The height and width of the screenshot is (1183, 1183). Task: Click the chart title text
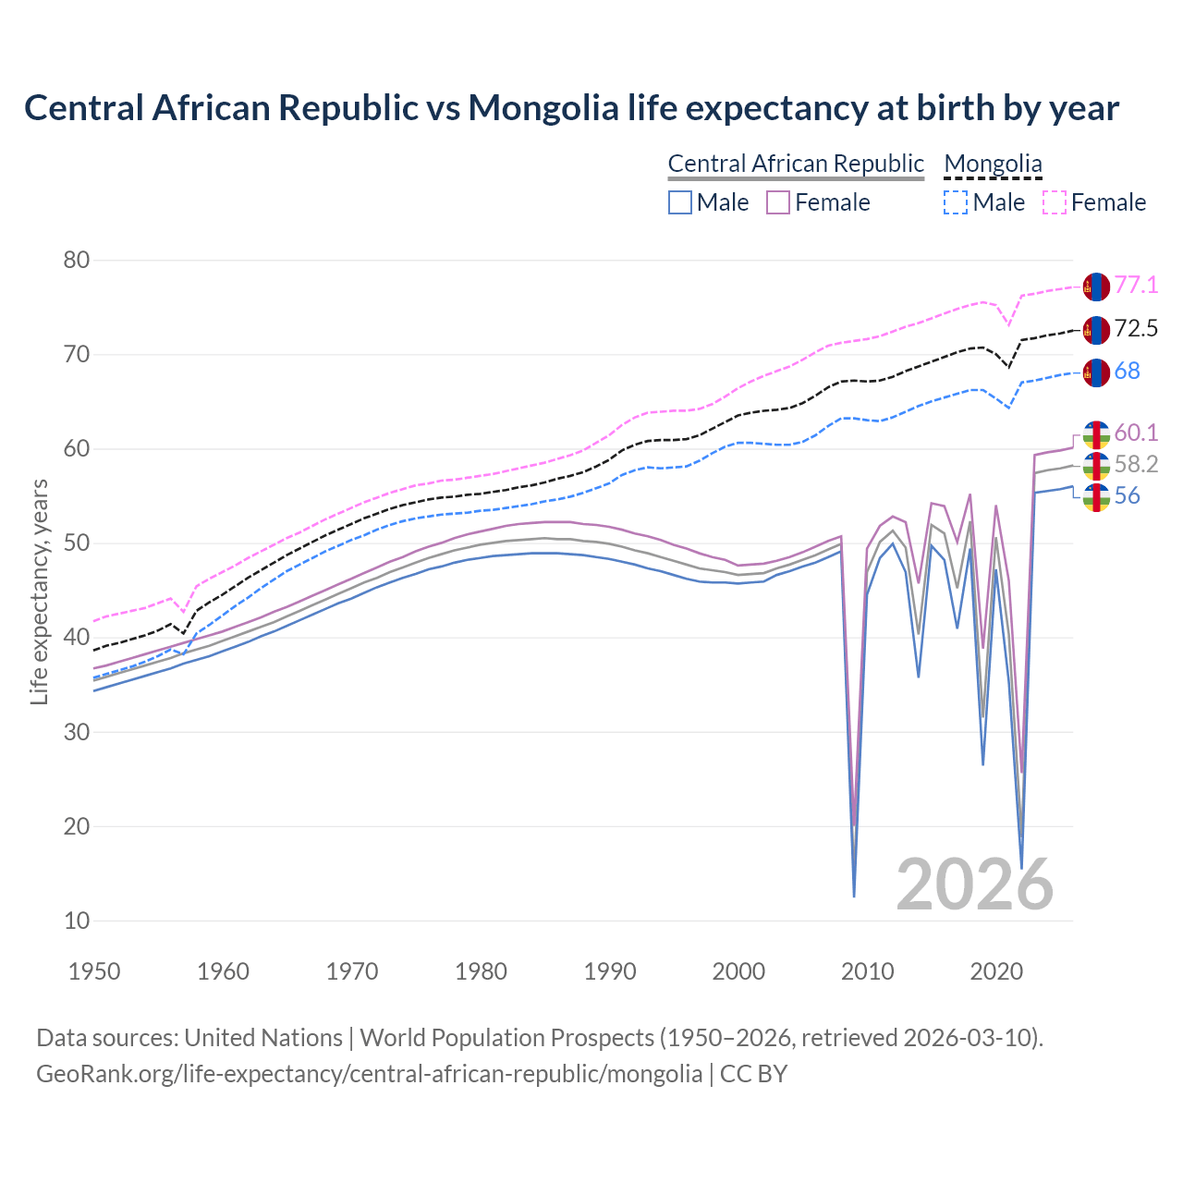click(x=571, y=108)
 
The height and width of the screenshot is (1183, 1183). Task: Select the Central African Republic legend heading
click(x=795, y=164)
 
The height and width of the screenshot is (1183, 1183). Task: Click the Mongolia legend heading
click(x=993, y=164)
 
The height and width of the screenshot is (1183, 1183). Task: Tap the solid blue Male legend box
click(x=680, y=202)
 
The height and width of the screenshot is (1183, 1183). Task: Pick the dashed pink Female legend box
click(x=1055, y=202)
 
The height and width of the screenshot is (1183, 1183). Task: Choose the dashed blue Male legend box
click(x=956, y=202)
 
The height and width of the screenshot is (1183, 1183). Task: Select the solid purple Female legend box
click(x=778, y=202)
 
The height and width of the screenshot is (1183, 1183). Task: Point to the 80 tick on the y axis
click(x=77, y=260)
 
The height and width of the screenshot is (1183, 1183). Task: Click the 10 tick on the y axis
click(x=77, y=921)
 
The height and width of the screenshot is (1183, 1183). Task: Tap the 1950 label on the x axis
click(x=94, y=971)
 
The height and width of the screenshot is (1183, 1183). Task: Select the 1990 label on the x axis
click(x=610, y=971)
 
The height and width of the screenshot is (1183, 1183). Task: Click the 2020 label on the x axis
click(x=996, y=971)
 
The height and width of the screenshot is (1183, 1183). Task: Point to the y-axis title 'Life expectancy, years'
click(x=39, y=591)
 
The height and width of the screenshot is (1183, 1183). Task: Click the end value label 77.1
click(x=1136, y=286)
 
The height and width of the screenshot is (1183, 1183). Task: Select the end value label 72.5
click(x=1136, y=329)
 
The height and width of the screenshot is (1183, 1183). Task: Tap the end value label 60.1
click(x=1136, y=433)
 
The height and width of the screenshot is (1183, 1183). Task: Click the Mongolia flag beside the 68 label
click(x=1095, y=372)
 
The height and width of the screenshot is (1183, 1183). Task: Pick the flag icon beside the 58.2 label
click(x=1095, y=466)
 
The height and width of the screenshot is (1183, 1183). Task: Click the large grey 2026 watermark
click(x=975, y=884)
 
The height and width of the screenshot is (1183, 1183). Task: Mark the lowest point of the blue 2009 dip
click(x=854, y=896)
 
